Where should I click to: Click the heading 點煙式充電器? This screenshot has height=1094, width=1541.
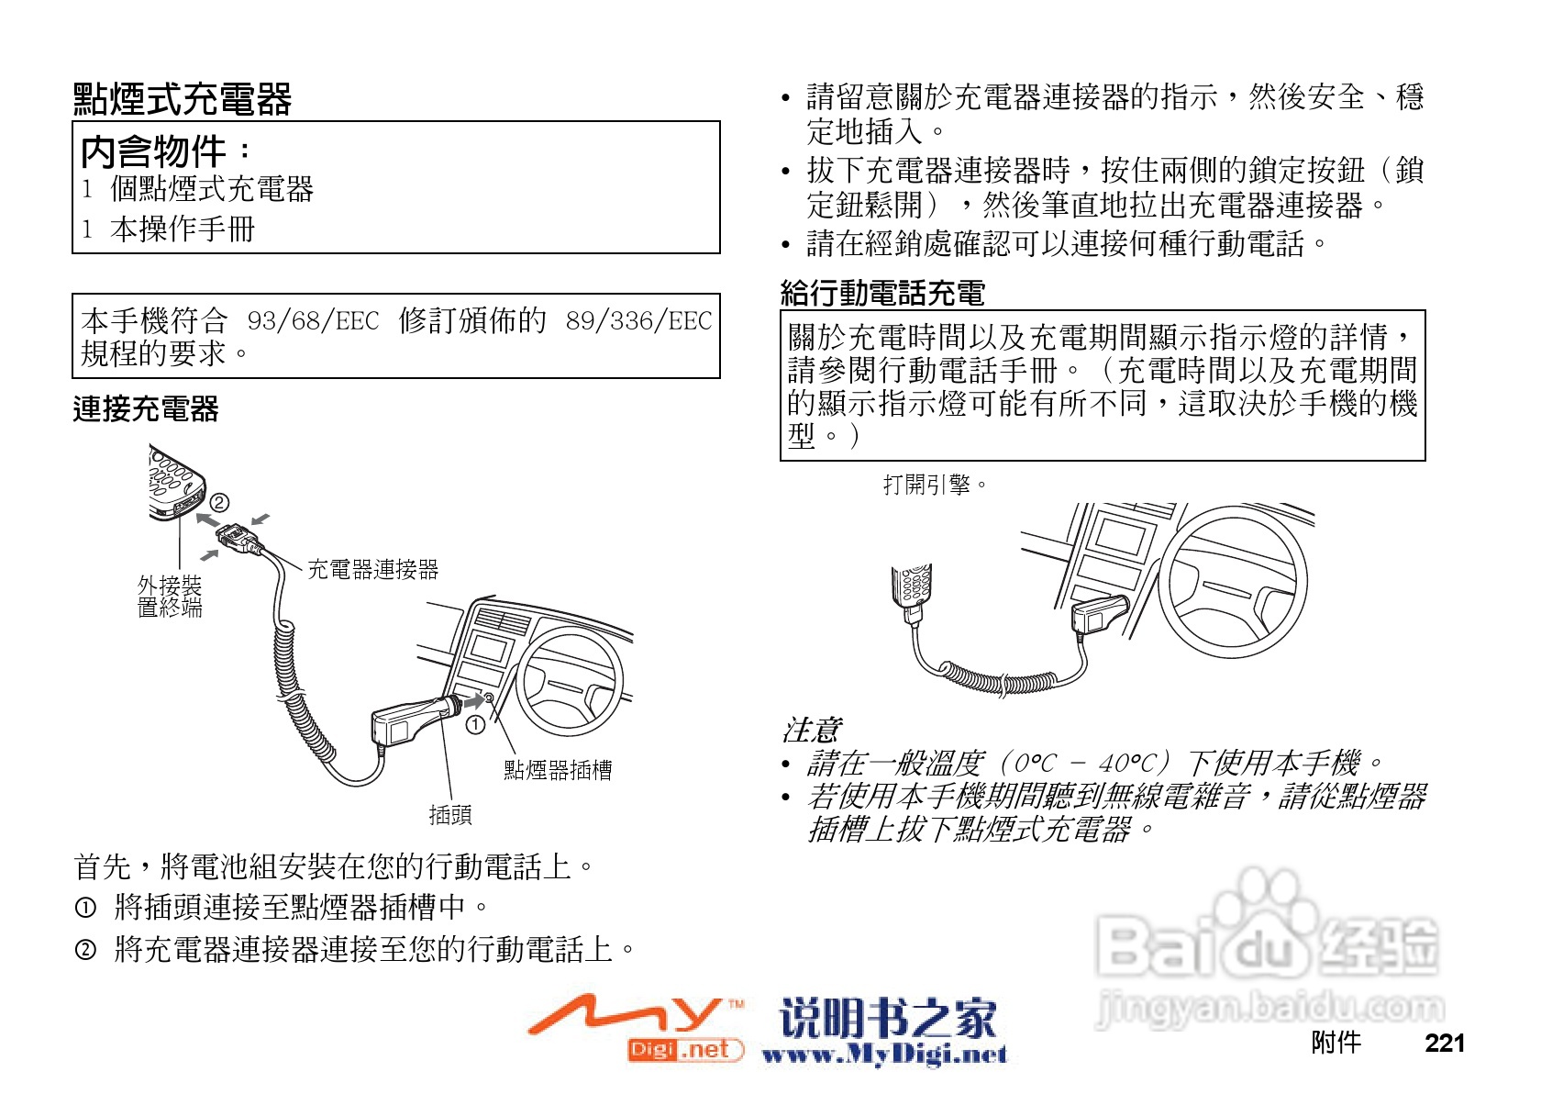tap(183, 100)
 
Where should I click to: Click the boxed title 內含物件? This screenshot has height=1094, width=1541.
tap(154, 152)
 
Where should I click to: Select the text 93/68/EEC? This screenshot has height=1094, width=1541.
tap(313, 321)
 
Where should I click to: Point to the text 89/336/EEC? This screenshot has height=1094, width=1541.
tap(638, 321)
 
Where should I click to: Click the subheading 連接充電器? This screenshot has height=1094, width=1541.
tap(146, 409)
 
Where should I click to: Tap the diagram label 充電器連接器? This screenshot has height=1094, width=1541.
tap(372, 570)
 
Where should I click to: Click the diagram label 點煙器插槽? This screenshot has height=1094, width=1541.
tap(558, 770)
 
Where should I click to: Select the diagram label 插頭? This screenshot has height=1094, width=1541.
tap(450, 814)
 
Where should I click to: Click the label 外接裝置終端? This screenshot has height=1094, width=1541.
tap(170, 597)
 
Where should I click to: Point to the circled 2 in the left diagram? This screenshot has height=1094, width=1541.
tap(219, 502)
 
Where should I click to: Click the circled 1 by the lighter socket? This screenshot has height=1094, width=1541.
tap(475, 725)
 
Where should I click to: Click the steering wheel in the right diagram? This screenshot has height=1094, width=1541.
tap(1235, 582)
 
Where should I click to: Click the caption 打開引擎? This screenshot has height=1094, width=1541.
tap(934, 485)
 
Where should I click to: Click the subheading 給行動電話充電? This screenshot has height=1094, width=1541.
tap(882, 294)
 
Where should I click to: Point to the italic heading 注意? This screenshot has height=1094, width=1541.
tap(811, 731)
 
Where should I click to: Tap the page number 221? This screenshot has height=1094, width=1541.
tap(1445, 1044)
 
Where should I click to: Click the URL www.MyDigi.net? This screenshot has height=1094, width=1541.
tap(884, 1055)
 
